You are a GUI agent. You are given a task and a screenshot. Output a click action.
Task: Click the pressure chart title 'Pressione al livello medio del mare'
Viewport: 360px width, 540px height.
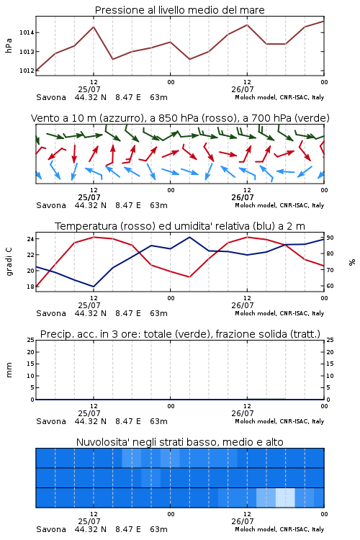179,10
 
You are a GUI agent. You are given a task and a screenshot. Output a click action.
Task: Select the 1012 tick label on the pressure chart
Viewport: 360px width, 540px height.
27,71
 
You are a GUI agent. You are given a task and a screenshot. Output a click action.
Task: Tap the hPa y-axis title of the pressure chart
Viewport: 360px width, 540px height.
9,45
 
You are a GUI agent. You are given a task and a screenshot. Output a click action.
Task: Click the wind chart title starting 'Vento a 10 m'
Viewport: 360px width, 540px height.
180,118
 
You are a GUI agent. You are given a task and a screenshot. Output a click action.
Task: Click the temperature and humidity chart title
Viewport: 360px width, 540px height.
180,226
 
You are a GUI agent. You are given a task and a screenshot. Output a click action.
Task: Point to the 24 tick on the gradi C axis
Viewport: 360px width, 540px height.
30,239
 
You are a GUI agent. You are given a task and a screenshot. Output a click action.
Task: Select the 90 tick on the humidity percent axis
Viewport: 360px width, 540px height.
330,238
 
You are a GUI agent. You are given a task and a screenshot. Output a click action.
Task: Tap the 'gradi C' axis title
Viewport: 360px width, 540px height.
9,262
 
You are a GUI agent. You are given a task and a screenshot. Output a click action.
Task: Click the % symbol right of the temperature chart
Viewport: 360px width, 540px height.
352,262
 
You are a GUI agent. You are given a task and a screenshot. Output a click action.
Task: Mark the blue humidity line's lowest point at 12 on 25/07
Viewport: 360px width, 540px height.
94,287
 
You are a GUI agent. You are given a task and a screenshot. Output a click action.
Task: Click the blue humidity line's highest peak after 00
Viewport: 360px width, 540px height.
189,237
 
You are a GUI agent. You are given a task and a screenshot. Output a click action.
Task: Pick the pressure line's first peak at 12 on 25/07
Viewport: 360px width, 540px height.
94,27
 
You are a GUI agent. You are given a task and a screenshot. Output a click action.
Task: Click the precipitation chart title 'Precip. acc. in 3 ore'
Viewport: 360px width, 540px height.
180,334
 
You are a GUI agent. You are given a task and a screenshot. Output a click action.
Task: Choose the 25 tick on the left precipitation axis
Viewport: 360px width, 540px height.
30,340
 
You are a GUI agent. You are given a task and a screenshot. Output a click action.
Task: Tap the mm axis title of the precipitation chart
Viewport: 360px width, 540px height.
9,370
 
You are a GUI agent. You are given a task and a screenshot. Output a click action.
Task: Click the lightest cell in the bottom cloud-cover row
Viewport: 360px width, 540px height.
285,498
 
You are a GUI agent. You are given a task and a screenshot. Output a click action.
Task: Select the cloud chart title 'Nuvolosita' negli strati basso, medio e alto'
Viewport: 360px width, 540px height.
180,442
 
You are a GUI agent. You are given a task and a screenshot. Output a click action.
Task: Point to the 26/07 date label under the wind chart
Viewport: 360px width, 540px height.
243,197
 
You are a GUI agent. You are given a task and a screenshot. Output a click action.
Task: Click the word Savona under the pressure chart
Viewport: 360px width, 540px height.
51,97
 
